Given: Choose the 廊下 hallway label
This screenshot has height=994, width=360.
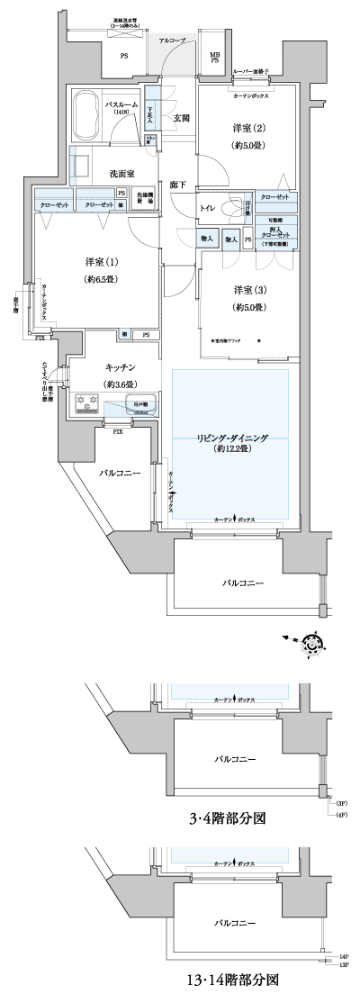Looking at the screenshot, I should (178, 185).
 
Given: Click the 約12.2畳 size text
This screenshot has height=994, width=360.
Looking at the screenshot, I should (233, 453).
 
